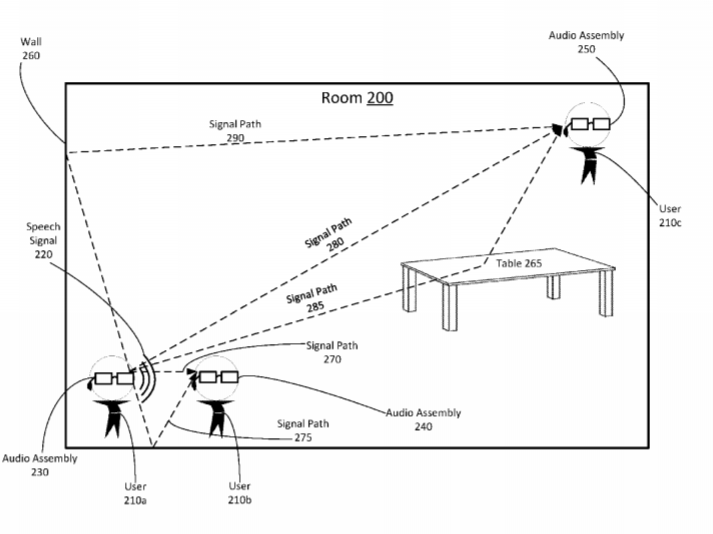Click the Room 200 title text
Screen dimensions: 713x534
pyautogui.click(x=357, y=98)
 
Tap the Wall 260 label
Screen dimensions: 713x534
pyautogui.click(x=31, y=49)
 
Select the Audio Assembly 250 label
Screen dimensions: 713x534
pyautogui.click(x=586, y=42)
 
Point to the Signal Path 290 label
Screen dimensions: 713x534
pyautogui.click(x=235, y=131)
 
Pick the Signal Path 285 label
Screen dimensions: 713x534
pyautogui.click(x=313, y=298)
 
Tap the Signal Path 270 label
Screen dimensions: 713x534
pyautogui.click(x=332, y=352)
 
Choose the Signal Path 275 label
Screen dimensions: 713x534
pyautogui.click(x=303, y=430)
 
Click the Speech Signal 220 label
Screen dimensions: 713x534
pyautogui.click(x=43, y=240)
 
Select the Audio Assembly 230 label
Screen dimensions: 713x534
pyautogui.click(x=40, y=465)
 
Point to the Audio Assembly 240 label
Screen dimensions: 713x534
pyautogui.click(x=423, y=419)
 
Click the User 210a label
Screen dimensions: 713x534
pyautogui.click(x=135, y=494)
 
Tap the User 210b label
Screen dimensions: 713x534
pyautogui.click(x=240, y=493)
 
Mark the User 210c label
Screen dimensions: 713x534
pyautogui.click(x=670, y=216)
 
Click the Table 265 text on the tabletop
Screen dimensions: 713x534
pyautogui.click(x=519, y=263)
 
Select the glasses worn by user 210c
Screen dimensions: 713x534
pyautogui.click(x=590, y=124)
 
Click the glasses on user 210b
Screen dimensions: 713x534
pyautogui.click(x=218, y=377)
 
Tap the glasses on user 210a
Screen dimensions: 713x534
pyautogui.click(x=114, y=378)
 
